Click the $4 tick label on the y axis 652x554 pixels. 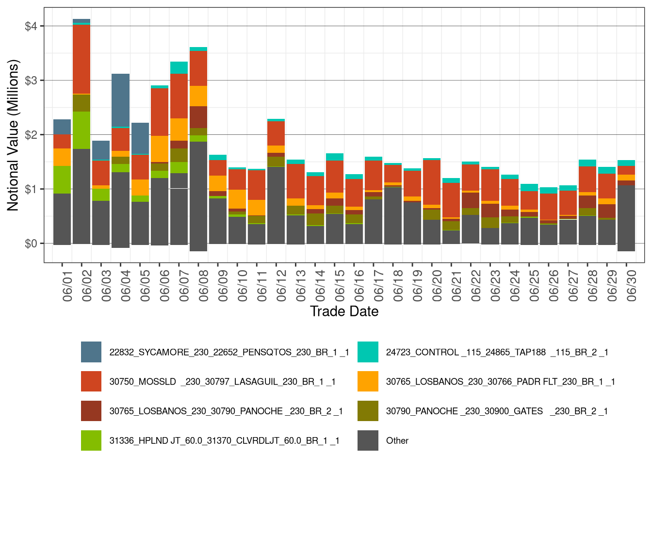(x=31, y=26)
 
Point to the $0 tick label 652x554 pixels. (x=31, y=244)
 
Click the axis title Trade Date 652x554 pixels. (x=344, y=311)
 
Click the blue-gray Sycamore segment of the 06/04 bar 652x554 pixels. (x=120, y=100)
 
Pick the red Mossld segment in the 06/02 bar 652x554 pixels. (x=81, y=59)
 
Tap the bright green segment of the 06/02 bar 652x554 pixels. (x=81, y=130)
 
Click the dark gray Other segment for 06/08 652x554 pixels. (x=198, y=194)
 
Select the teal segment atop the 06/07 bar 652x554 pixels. (x=179, y=67)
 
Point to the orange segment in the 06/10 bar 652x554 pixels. (x=237, y=199)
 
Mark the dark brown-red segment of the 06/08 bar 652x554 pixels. (x=198, y=117)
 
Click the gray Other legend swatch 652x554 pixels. (x=368, y=440)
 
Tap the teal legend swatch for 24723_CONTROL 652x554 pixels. (x=368, y=352)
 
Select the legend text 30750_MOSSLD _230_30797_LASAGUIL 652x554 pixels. (x=222, y=382)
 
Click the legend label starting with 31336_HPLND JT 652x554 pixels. (x=224, y=440)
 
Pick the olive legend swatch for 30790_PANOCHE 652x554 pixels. (x=368, y=411)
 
